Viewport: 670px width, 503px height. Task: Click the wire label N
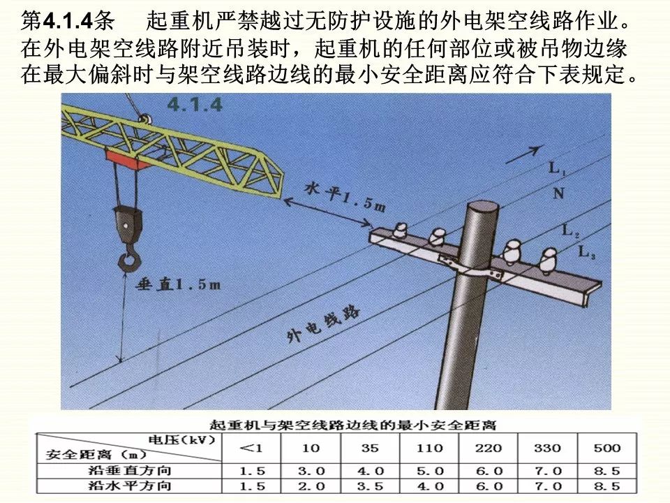click(x=558, y=193)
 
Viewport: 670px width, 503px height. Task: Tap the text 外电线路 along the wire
click(x=323, y=326)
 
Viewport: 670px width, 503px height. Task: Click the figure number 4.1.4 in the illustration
click(x=195, y=105)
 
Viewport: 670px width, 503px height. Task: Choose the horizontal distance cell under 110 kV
click(x=429, y=486)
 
